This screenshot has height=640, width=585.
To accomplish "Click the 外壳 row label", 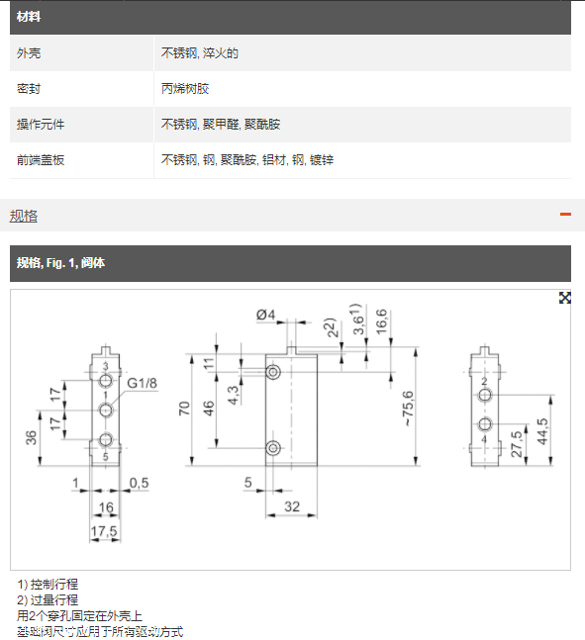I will tap(30, 53).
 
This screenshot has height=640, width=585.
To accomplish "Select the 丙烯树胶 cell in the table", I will tap(185, 89).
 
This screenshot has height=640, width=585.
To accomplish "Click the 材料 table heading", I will tap(29, 17).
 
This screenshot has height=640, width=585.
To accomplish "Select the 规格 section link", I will tap(24, 216).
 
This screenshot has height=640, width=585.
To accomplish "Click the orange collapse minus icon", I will tap(565, 215).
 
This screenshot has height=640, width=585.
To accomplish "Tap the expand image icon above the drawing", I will tap(564, 298).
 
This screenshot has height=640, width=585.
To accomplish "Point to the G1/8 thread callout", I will tap(143, 383).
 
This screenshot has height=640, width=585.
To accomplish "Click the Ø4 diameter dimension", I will tap(265, 315).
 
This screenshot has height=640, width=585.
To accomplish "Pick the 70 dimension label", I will tap(185, 411).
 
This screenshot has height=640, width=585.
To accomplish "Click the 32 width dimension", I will tap(292, 505).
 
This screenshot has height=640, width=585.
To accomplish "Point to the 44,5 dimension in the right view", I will tap(541, 432).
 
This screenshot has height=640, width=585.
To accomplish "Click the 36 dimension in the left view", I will tap(32, 436).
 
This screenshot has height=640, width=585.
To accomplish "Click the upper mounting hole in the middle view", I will tap(274, 370).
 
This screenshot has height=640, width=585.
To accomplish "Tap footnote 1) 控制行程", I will tap(48, 585).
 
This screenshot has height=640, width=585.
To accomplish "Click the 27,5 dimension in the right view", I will tap(516, 440).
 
